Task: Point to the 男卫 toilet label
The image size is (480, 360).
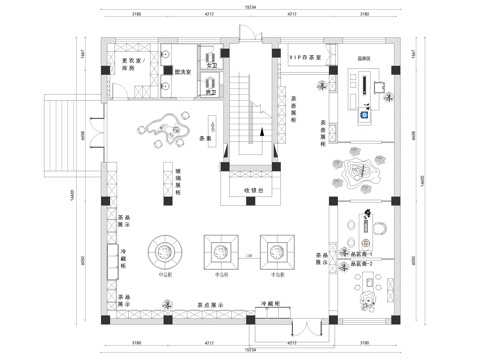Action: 212,92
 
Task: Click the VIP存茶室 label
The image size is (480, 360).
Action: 304,59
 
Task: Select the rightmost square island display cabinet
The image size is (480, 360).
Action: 274,248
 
